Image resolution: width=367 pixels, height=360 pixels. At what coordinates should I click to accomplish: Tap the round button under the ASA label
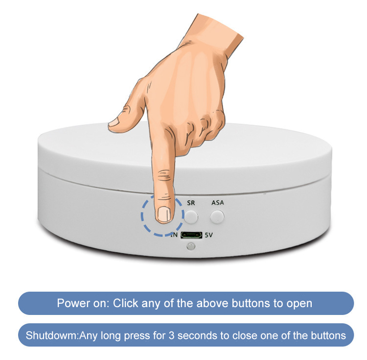(217, 216)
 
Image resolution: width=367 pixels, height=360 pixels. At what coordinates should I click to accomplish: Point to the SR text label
(191, 202)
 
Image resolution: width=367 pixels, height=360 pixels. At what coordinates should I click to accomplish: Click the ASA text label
(218, 202)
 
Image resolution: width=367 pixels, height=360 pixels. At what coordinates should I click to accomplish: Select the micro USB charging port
(191, 235)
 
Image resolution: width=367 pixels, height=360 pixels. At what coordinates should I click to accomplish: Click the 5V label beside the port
(209, 235)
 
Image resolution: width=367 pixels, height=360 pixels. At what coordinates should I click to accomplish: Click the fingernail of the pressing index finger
(165, 214)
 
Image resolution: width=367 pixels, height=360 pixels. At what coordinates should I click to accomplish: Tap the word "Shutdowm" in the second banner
(52, 336)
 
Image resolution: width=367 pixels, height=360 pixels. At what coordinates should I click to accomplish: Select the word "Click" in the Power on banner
(125, 303)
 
